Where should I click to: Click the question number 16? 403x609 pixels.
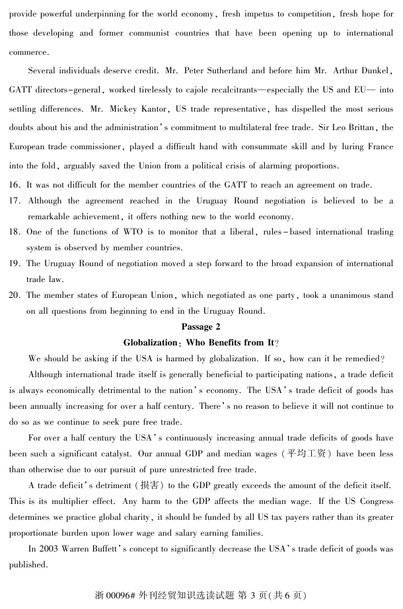coord(15,184)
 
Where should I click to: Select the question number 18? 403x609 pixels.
coord(15,232)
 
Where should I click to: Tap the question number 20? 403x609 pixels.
coord(15,295)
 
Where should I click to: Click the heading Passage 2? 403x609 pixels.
coord(201,327)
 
